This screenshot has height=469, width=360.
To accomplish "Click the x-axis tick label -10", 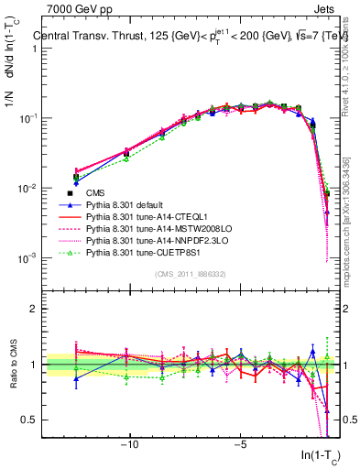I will click(130, 443).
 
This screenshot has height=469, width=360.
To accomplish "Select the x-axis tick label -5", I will click(240, 443).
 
